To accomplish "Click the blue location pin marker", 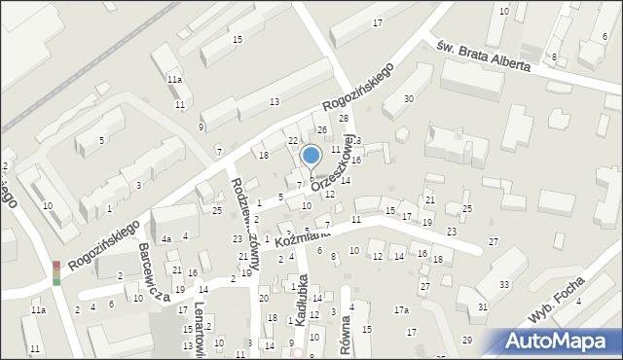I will pyautogui.click(x=311, y=156).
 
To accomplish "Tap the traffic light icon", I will pyautogui.click(x=56, y=272).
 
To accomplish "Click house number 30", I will pyautogui.click(x=409, y=99).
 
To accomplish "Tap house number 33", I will pyautogui.click(x=503, y=284).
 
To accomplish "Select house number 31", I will pyautogui.click(x=483, y=307).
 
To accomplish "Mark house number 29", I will pyautogui.click(x=466, y=340).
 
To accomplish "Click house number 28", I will pyautogui.click(x=343, y=119).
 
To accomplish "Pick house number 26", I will pyautogui.click(x=321, y=130).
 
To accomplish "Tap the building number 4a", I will pyautogui.click(x=166, y=238).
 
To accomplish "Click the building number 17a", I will pyautogui.click(x=400, y=310).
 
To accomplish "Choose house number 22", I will pyautogui.click(x=292, y=141).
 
